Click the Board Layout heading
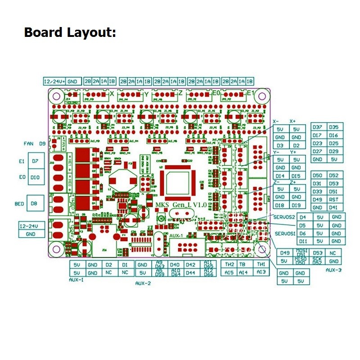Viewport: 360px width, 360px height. [x=70, y=32]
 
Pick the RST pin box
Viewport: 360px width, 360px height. [x=333, y=199]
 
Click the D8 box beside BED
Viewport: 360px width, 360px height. [x=34, y=204]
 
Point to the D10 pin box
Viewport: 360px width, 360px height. [x=35, y=177]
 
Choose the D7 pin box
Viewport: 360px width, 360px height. [x=35, y=161]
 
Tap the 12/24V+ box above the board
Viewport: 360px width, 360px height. [x=54, y=81]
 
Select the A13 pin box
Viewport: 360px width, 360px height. [x=261, y=273]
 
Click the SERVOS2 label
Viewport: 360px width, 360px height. [x=284, y=217]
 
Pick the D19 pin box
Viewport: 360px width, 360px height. [x=296, y=205]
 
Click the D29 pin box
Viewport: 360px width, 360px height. [x=333, y=152]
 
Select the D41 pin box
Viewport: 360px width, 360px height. [x=333, y=207]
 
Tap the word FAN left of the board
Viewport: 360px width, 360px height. [x=29, y=144]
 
